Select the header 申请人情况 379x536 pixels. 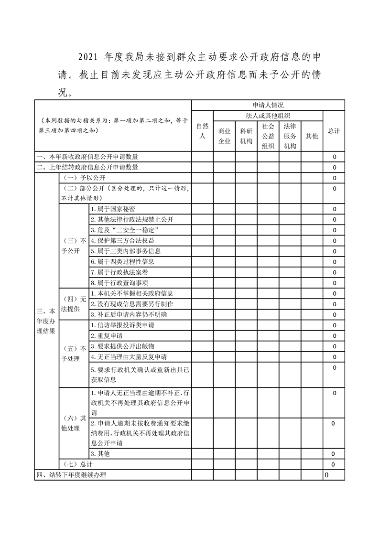268,105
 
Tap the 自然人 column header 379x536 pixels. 203,131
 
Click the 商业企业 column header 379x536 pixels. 224,136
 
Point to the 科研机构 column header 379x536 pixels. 246,136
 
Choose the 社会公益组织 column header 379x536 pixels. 268,136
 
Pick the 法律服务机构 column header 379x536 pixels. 290,136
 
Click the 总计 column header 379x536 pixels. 334,131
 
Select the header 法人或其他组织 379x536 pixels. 268,116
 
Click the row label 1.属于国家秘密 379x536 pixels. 113,209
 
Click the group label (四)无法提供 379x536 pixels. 73,304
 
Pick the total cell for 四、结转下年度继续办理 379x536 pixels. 327,475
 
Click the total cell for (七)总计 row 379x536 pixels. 334,464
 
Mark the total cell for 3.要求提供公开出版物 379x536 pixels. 334,346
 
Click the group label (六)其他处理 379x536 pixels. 73,423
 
